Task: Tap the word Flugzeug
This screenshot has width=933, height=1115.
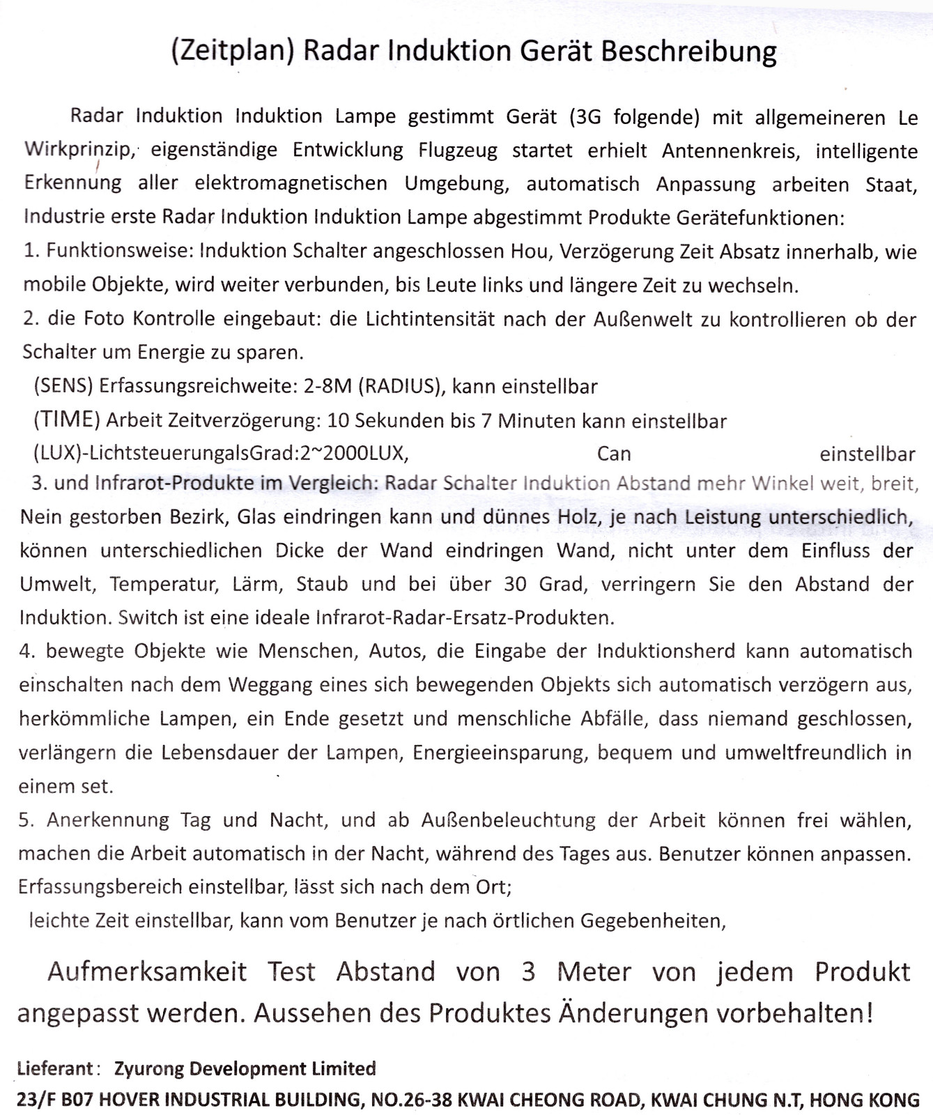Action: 456,151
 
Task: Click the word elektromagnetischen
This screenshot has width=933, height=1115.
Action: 291,184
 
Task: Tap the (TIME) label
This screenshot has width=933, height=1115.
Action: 67,420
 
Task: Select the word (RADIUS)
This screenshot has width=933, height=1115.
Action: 401,386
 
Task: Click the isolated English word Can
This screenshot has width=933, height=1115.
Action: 614,454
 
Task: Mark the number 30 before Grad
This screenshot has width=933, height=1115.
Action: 515,583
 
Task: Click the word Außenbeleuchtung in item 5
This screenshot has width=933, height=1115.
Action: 508,820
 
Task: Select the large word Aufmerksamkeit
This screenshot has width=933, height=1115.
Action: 147,971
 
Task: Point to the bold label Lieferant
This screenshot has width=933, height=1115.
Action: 55,1068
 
